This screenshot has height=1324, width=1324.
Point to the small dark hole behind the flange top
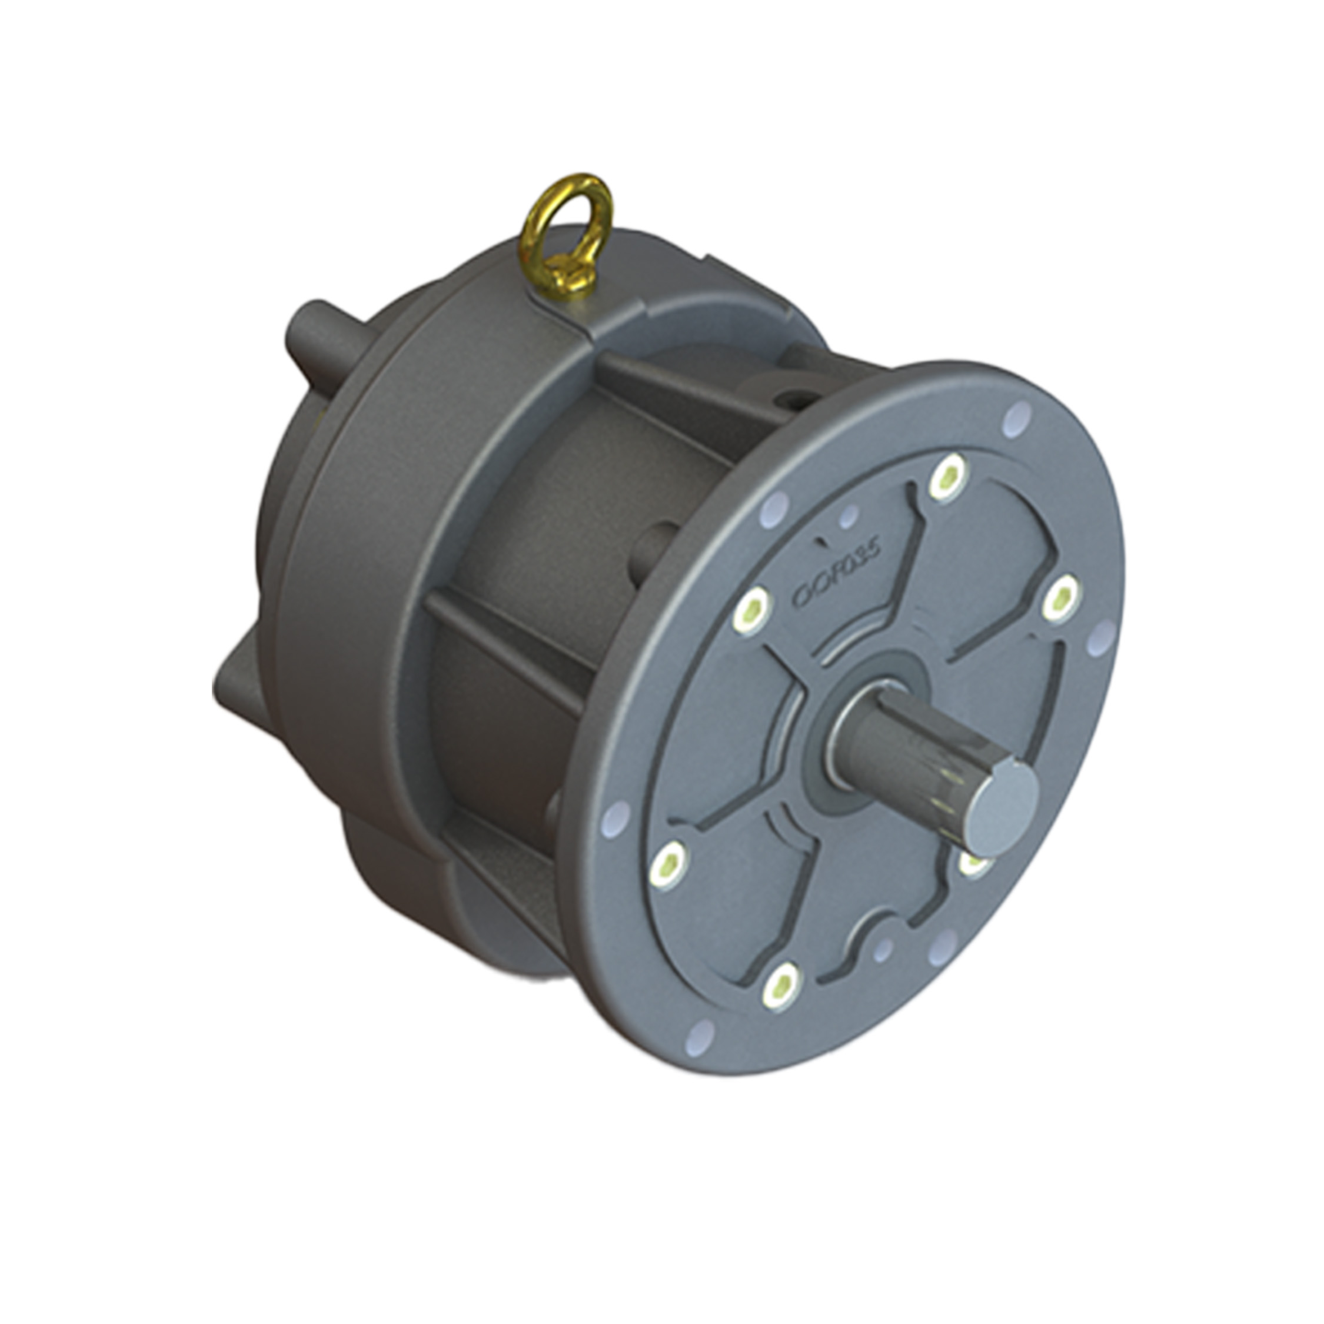pyautogui.click(x=796, y=396)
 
